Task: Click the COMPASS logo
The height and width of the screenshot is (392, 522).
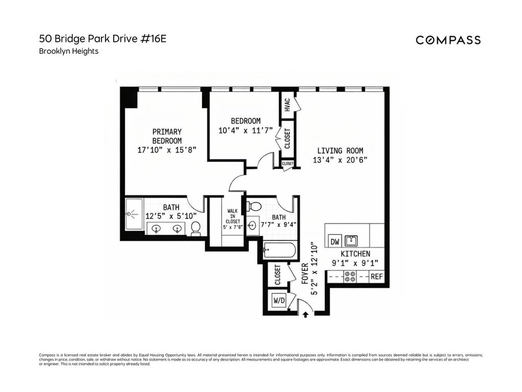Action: point(448,40)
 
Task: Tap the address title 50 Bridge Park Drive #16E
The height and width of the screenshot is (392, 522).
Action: point(103,39)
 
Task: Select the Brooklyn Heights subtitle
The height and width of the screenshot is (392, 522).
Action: point(69,51)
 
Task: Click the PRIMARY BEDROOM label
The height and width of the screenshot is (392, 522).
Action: point(167,136)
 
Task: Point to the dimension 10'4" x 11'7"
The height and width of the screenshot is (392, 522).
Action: point(245,130)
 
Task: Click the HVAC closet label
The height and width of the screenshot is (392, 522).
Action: point(287,105)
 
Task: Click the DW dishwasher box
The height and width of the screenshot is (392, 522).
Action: point(335,242)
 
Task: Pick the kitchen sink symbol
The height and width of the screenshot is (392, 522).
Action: point(351,240)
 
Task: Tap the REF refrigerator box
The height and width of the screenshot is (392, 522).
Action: point(376,276)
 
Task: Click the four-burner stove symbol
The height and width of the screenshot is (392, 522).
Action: point(350,277)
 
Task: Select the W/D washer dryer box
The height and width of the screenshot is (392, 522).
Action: point(278,300)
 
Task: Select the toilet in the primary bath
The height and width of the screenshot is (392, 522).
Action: point(196,227)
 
